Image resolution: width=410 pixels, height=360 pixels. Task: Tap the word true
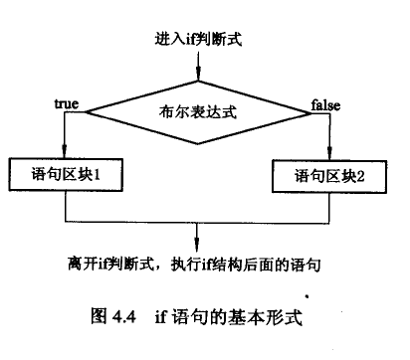click(67, 103)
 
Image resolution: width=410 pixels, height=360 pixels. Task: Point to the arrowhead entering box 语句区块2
click(331, 154)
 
